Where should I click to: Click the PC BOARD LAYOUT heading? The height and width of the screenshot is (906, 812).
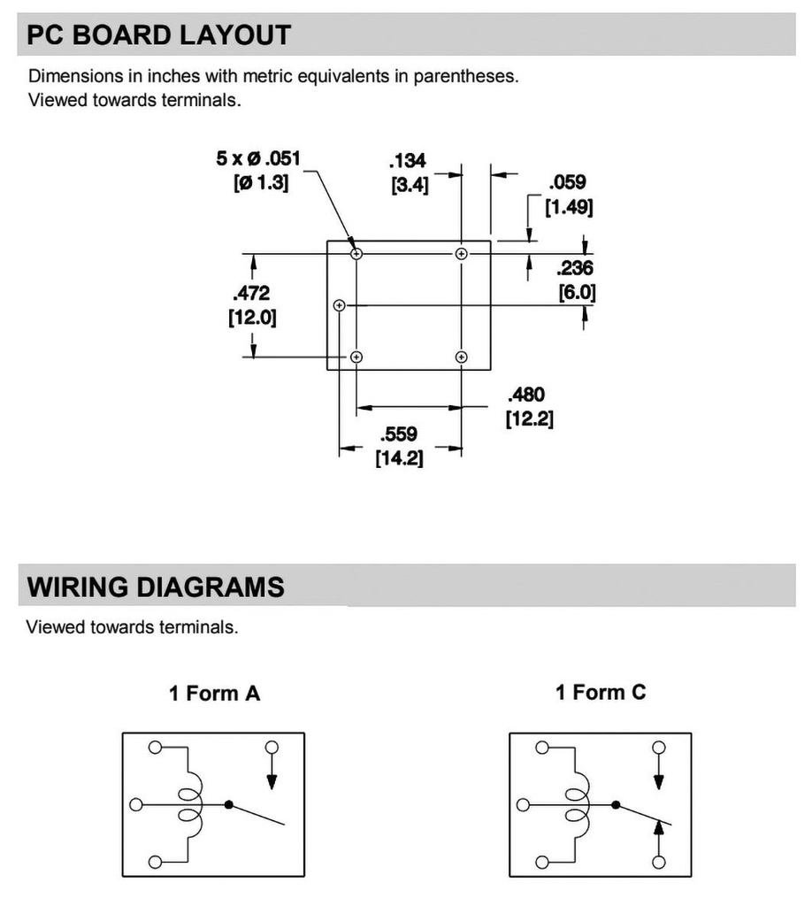[x=158, y=35]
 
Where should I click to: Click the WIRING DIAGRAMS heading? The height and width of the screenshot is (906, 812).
[x=156, y=587]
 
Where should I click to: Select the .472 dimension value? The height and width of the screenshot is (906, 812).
[x=252, y=293]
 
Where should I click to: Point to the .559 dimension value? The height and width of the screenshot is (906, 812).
[x=399, y=434]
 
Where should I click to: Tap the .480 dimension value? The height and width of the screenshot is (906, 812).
[x=526, y=395]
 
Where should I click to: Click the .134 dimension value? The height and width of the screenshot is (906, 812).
[x=408, y=160]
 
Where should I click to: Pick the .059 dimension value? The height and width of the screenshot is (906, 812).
[x=568, y=182]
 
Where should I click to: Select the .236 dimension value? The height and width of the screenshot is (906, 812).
[x=575, y=267]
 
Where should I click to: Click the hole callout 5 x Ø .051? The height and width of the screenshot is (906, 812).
[x=258, y=157]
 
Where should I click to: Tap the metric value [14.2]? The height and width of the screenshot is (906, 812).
[x=399, y=458]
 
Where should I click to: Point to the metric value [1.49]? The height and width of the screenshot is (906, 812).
[x=570, y=207]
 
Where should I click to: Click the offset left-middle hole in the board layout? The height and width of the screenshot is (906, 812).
[x=340, y=305]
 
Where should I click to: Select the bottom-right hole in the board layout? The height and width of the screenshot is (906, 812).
[x=461, y=357]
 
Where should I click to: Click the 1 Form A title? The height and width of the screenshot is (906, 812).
[x=214, y=693]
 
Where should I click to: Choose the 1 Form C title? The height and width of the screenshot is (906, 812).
[x=601, y=692]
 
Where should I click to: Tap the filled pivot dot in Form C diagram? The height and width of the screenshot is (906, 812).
[x=616, y=804]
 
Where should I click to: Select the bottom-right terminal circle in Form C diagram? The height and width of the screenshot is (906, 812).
[x=658, y=862]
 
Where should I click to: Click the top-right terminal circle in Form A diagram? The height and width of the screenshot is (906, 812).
[x=272, y=747]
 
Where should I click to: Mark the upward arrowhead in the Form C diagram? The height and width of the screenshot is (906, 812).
[x=658, y=828]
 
